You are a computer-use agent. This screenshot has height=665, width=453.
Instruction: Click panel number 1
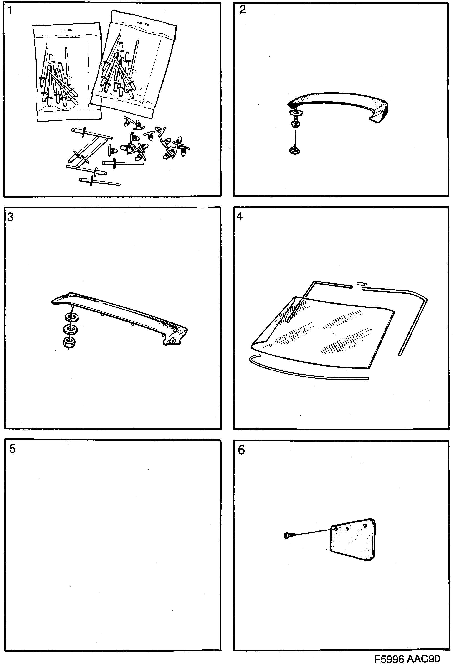click(x=10, y=11)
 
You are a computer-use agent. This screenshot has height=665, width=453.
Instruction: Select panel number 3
click(x=10, y=217)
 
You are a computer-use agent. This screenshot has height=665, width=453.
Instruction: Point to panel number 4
click(x=240, y=217)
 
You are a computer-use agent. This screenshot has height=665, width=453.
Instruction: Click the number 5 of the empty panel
click(x=12, y=449)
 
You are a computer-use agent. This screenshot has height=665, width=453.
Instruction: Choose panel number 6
click(x=241, y=450)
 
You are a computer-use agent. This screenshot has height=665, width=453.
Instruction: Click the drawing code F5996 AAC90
click(x=407, y=659)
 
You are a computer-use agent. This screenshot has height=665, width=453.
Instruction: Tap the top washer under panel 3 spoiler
click(x=71, y=317)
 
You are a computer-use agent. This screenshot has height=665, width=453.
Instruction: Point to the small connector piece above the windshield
click(x=361, y=284)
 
